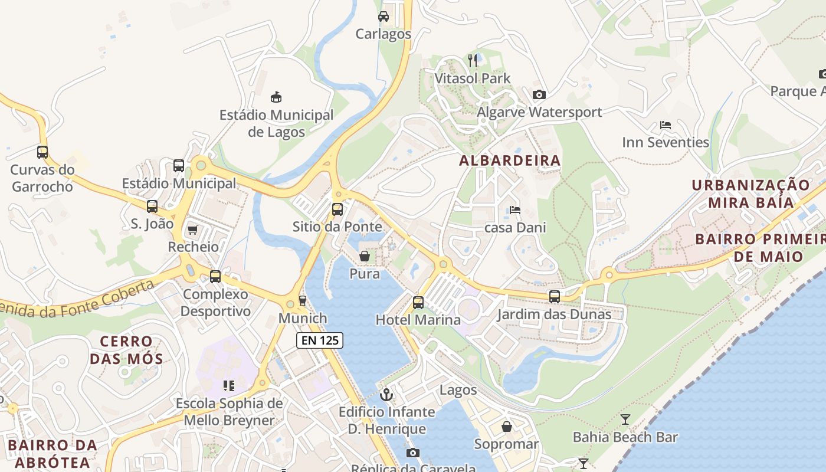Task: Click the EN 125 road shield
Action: tap(319, 340)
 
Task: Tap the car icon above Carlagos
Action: tap(383, 17)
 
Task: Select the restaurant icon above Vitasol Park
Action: tap(473, 60)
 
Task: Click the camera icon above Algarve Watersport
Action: tap(539, 94)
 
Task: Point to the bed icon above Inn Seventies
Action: tap(666, 125)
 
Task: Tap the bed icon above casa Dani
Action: tap(515, 210)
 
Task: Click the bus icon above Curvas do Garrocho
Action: tap(42, 152)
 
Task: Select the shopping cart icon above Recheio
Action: tap(192, 230)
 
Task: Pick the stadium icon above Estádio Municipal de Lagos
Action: tap(276, 97)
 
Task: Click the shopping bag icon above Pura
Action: tap(365, 256)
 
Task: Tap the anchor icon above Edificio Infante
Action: tap(386, 394)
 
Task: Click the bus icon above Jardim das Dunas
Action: tap(555, 297)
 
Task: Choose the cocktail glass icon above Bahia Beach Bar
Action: tap(625, 419)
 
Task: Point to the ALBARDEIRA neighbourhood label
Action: tap(510, 160)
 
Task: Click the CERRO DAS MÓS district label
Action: tap(126, 350)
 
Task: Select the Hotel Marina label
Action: tap(418, 320)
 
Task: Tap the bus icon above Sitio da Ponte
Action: tap(337, 209)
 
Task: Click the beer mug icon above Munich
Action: tap(303, 301)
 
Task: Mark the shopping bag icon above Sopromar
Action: tap(507, 427)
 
